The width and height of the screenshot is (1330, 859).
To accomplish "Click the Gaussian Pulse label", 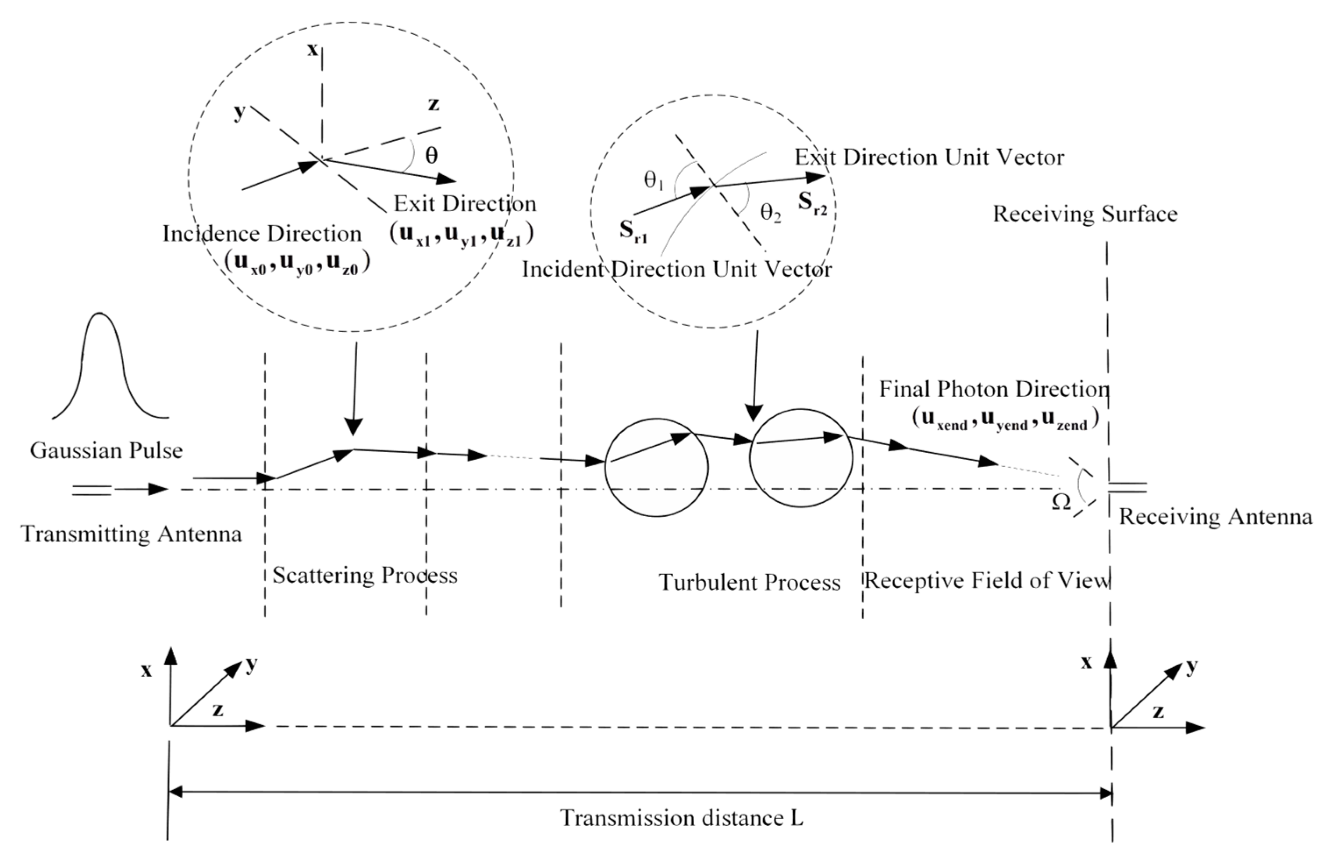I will tap(106, 451).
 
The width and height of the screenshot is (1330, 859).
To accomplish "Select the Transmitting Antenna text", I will tap(131, 534).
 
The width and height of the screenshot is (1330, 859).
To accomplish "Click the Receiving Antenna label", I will tap(1215, 517).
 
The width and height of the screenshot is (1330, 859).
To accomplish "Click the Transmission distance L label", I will tap(681, 818).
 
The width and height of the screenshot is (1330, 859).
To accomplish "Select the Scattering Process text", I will tap(365, 575).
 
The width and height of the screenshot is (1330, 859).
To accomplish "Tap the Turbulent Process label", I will tap(749, 582).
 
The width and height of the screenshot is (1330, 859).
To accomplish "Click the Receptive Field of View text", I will tap(986, 581).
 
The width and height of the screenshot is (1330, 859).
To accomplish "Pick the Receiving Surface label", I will tap(1085, 214).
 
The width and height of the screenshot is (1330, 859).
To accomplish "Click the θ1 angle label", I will tap(653, 180).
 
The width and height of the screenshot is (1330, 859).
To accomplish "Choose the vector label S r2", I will tap(812, 202).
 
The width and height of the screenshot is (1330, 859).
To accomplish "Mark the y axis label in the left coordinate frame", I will tap(252, 664).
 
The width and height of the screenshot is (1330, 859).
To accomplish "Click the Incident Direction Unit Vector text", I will tap(676, 270).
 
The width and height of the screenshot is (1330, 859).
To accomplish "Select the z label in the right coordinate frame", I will tap(1158, 712).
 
